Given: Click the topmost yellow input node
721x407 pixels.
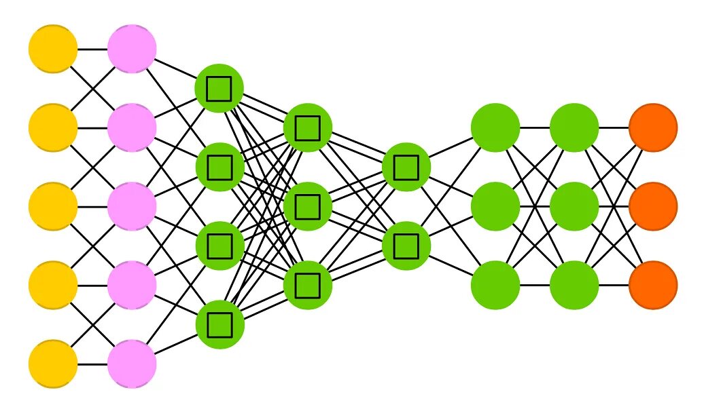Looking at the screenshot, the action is click(x=53, y=49).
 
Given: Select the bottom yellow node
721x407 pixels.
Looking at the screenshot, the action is click(x=53, y=364).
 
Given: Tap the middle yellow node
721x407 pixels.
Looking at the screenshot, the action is click(x=53, y=206).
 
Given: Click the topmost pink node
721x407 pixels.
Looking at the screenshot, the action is click(x=132, y=49).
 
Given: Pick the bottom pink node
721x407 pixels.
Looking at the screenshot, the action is click(x=132, y=364).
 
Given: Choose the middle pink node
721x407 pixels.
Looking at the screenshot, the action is click(x=132, y=206).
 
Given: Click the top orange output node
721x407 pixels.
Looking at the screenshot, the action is click(x=653, y=128).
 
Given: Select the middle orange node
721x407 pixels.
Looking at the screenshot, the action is click(x=653, y=206).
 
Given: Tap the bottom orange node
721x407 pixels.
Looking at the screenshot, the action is click(x=653, y=285).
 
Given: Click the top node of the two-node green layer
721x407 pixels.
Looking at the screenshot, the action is click(x=406, y=167).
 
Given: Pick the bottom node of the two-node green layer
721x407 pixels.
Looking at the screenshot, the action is click(x=406, y=246).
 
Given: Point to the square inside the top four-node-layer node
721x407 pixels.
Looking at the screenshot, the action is click(x=219, y=88).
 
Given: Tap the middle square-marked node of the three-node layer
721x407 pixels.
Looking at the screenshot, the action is click(x=308, y=206).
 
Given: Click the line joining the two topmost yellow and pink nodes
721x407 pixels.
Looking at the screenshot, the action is click(x=92, y=49).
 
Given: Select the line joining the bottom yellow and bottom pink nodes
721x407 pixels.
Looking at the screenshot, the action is click(x=92, y=364).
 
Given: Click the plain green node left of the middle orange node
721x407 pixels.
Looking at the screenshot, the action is click(x=574, y=206).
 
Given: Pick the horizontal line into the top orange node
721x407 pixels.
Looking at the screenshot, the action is click(x=614, y=128).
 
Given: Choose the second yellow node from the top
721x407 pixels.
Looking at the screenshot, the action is click(x=53, y=128).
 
